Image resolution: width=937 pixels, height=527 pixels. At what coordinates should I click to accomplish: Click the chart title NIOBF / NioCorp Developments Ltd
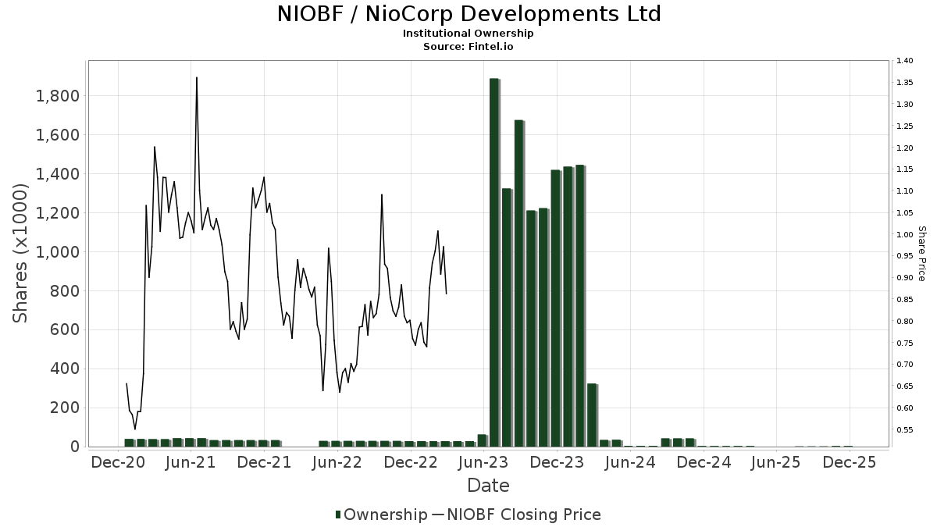[468, 14]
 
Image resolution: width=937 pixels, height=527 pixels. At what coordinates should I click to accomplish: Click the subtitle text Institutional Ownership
[468, 34]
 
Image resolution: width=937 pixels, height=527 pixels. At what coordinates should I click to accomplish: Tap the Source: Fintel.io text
[468, 47]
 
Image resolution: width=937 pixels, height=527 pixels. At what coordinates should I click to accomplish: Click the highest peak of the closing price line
[196, 78]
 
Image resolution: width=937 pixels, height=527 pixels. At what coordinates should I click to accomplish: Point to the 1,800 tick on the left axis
[58, 96]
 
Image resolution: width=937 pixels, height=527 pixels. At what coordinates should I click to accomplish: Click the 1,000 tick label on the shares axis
[58, 252]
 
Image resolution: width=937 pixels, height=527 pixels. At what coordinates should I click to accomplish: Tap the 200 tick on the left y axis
[66, 408]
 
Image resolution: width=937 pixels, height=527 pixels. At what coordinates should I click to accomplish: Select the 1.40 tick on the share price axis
[905, 61]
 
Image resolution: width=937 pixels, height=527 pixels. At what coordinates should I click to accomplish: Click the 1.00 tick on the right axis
[905, 234]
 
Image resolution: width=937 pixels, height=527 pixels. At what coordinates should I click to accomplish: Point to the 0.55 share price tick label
[905, 429]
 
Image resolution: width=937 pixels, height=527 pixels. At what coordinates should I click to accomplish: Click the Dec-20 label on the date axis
[118, 462]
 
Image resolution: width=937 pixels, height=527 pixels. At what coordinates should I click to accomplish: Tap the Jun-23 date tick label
[483, 462]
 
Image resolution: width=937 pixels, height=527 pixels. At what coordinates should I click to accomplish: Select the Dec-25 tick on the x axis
[850, 462]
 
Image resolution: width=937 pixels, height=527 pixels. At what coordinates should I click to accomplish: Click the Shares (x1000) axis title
[20, 253]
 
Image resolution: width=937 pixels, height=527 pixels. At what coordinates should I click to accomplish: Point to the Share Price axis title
[921, 253]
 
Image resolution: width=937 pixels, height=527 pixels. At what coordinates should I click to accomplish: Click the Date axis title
[488, 486]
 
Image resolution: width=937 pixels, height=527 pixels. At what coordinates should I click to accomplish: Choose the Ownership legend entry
[382, 515]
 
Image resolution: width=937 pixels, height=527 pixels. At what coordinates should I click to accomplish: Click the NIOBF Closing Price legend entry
[516, 515]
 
